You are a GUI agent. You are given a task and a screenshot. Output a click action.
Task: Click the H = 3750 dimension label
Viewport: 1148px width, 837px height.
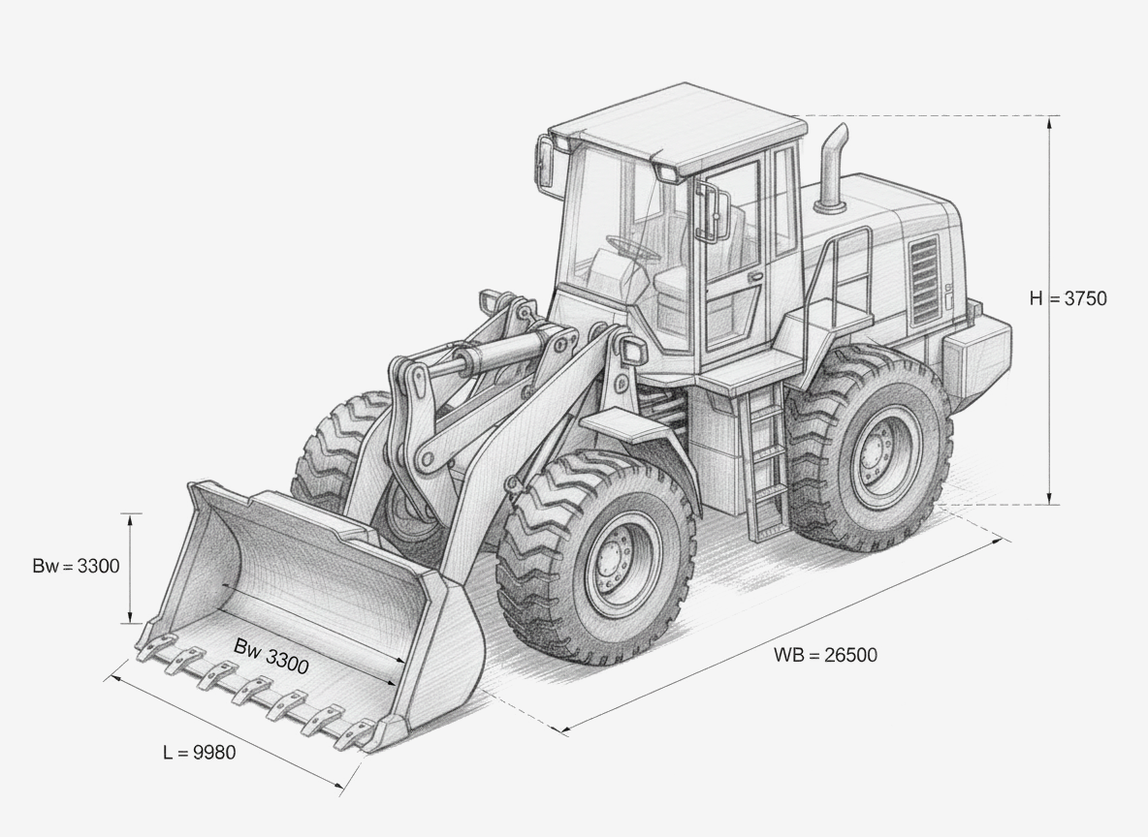[x=1068, y=298]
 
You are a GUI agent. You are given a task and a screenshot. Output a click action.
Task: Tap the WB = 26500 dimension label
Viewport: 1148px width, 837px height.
[x=825, y=654]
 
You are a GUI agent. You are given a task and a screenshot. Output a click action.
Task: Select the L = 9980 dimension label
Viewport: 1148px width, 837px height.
[x=199, y=752]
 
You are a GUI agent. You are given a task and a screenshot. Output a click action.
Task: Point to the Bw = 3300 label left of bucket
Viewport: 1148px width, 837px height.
[x=76, y=566]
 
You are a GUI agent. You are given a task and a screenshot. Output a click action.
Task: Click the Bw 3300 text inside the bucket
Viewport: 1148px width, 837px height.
[x=271, y=656]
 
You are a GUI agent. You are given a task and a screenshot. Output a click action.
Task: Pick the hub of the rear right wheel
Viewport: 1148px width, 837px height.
[x=877, y=447]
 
